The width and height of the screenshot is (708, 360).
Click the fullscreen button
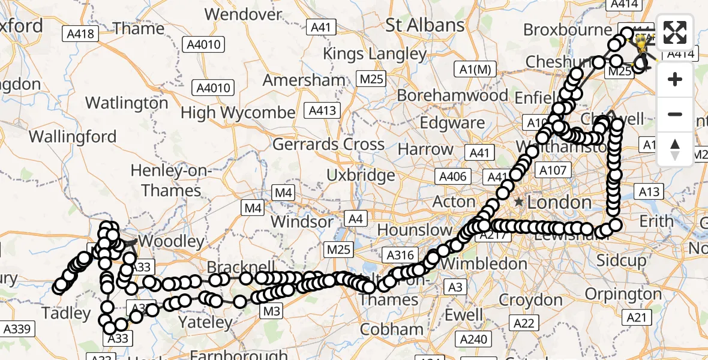pos(675,32)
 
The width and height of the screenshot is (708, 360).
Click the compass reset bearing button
pos(675,149)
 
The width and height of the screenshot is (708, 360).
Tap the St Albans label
pos(425,25)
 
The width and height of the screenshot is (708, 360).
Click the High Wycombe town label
pos(238,112)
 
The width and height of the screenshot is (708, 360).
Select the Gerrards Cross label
pos(328,145)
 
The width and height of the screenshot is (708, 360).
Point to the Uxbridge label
pos(361,176)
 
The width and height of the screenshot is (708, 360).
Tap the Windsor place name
pos(302,221)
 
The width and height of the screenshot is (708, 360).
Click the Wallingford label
pos(73,137)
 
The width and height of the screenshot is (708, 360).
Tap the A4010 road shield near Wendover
pos(205,44)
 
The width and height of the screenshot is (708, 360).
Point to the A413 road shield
pos(323,110)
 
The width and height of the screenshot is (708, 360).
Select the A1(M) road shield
pos(475,70)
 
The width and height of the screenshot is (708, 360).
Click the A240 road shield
pos(473,340)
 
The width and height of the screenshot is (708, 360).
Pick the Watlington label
pos(127,103)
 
